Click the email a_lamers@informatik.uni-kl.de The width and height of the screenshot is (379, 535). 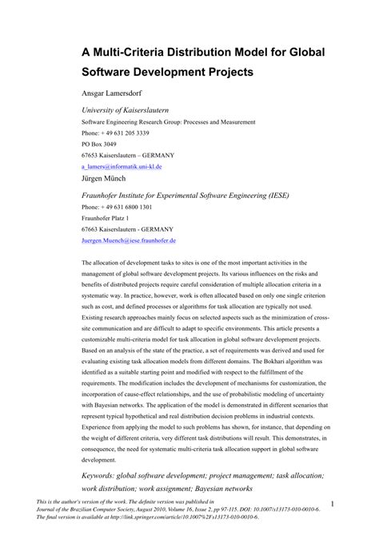point(122,166)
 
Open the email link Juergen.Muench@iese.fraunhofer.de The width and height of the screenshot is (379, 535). point(129,240)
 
